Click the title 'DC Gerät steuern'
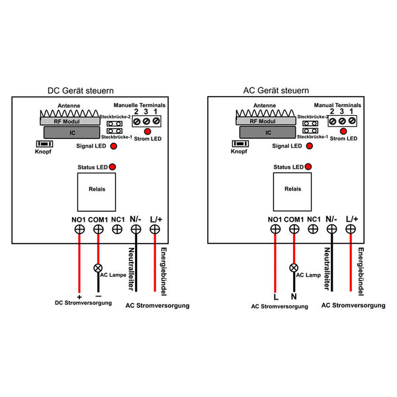81,91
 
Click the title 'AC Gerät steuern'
276,91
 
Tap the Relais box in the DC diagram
97,192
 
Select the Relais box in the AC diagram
292,192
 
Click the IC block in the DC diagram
72,133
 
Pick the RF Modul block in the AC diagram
266,121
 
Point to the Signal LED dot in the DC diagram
114,146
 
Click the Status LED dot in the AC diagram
308,167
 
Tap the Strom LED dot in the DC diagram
148,132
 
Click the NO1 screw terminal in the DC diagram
79,230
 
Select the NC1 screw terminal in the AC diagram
313,229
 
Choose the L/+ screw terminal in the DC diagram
155,230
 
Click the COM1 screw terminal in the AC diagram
294,229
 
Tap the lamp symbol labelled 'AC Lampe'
98,268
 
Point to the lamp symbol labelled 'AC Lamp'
294,267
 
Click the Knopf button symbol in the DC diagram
44,144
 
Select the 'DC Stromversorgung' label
83,303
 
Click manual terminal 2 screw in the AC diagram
333,122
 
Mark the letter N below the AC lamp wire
294,296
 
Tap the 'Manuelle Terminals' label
140,105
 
